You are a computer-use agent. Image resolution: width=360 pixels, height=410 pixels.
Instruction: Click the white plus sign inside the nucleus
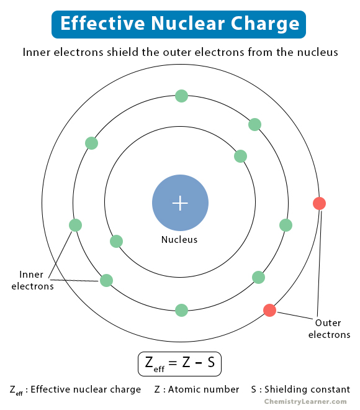pos(180,203)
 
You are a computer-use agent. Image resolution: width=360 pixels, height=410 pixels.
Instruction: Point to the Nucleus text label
pos(179,240)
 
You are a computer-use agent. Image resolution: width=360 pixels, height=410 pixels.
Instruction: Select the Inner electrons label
pos(32,280)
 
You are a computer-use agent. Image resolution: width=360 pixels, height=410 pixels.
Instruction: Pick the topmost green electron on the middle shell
pos(181,96)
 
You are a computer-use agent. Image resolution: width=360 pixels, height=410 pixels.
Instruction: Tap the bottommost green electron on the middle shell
pos(181,310)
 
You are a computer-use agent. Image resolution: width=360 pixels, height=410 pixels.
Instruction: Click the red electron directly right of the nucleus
pos(319,203)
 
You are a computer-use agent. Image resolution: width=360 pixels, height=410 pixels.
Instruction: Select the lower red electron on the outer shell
pos(269,310)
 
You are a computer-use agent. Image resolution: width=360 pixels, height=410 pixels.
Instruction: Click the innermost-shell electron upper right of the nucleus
pos(241,156)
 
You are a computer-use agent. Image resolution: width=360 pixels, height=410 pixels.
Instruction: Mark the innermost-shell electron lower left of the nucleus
pos(116,241)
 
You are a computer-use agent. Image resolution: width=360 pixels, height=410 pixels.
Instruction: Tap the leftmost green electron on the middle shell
pos(75,225)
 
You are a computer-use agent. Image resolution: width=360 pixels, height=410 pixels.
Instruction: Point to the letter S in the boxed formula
pos(211,363)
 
